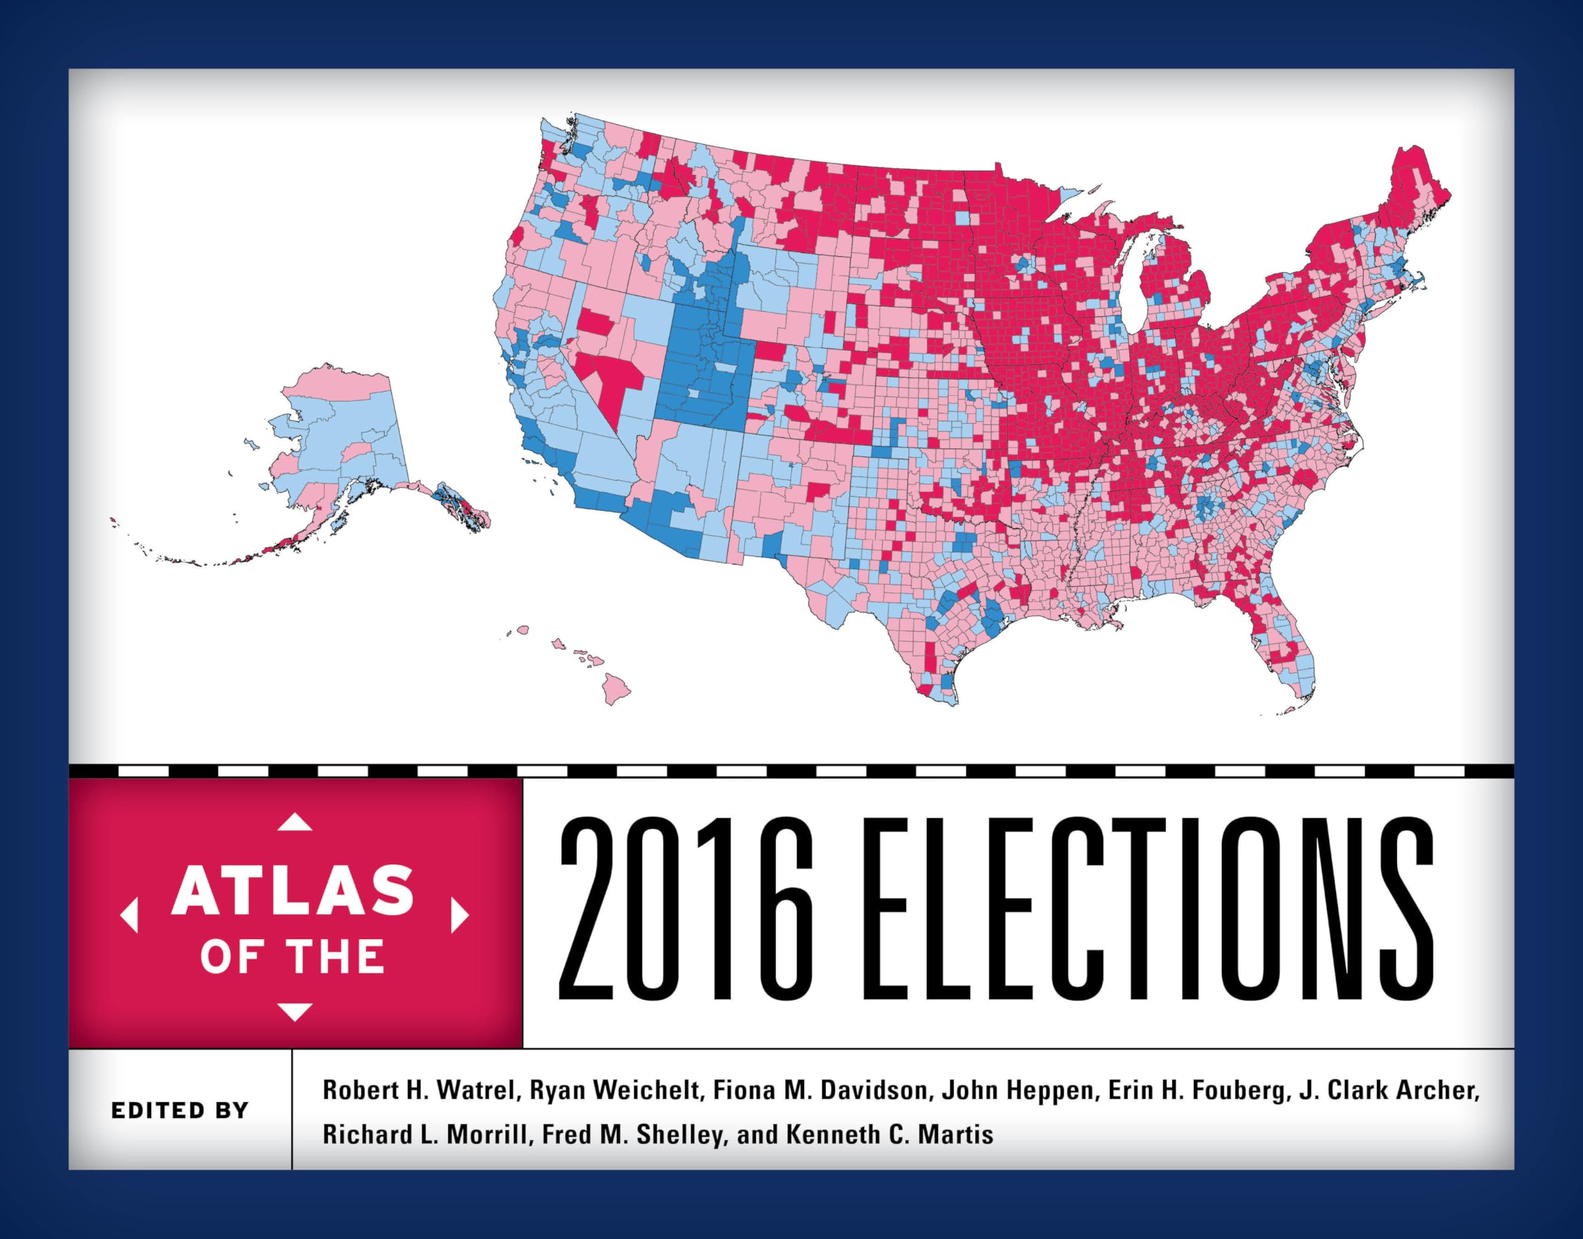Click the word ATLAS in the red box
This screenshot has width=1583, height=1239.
292,890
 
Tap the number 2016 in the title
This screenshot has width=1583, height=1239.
685,908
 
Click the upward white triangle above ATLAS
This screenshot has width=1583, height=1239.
294,822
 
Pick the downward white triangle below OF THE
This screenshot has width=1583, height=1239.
294,1011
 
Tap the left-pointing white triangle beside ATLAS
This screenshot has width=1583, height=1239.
129,915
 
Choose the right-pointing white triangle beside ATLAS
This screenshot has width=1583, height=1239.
459,915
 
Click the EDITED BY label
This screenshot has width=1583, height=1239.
180,1110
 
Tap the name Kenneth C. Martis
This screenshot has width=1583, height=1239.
890,1134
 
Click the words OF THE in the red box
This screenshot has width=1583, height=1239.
292,956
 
